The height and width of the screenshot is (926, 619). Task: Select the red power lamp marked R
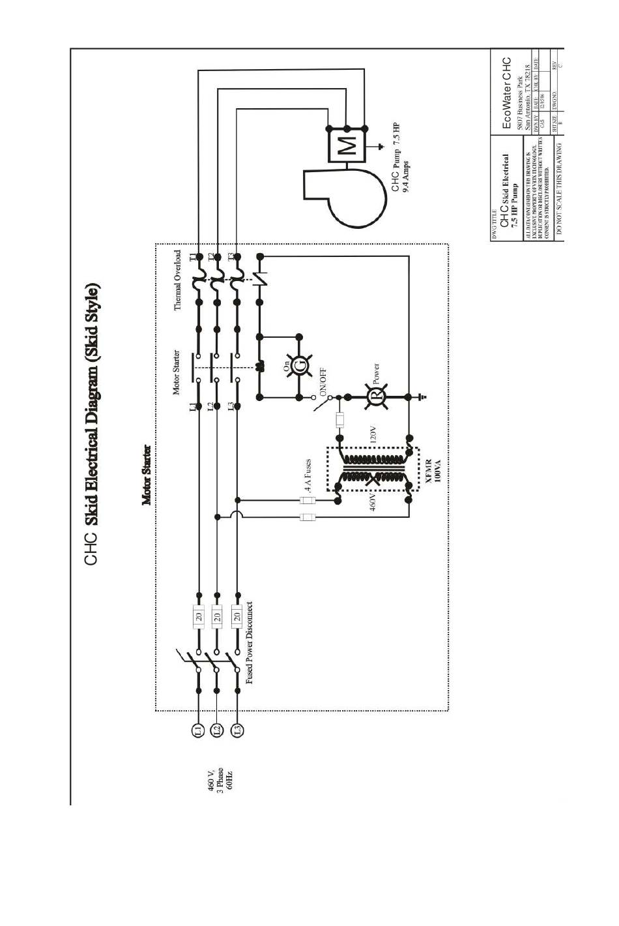(375, 396)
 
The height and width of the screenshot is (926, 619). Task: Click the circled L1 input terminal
(199, 730)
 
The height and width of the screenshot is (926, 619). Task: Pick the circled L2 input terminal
(218, 730)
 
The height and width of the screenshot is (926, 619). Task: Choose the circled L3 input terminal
(237, 730)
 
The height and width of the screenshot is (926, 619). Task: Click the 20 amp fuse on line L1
(199, 615)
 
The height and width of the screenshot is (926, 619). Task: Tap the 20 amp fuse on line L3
(237, 615)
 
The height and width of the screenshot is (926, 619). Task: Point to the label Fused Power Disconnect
(250, 642)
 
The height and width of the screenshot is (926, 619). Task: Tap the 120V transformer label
(373, 435)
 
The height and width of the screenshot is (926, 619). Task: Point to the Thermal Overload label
(177, 280)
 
